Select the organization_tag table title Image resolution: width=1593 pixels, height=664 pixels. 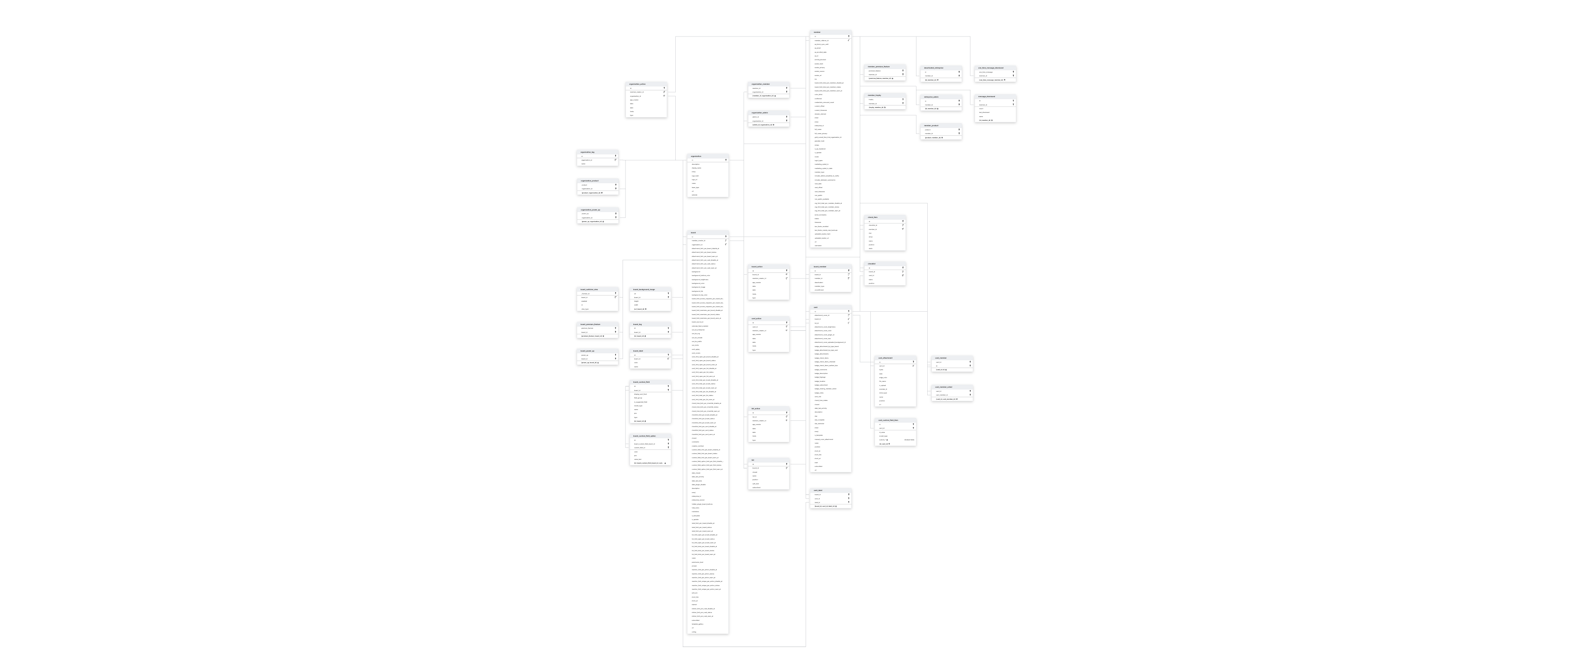click(597, 152)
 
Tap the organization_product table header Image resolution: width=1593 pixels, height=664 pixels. click(597, 181)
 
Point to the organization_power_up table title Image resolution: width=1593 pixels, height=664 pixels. click(597, 210)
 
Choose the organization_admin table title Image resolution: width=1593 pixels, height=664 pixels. click(768, 112)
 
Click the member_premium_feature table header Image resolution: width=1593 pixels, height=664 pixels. click(885, 66)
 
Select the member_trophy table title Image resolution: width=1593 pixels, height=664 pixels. click(885, 95)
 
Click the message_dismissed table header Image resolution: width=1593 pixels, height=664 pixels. click(995, 96)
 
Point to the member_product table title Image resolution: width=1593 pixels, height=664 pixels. click(939, 125)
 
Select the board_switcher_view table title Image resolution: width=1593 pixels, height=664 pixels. click(597, 289)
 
